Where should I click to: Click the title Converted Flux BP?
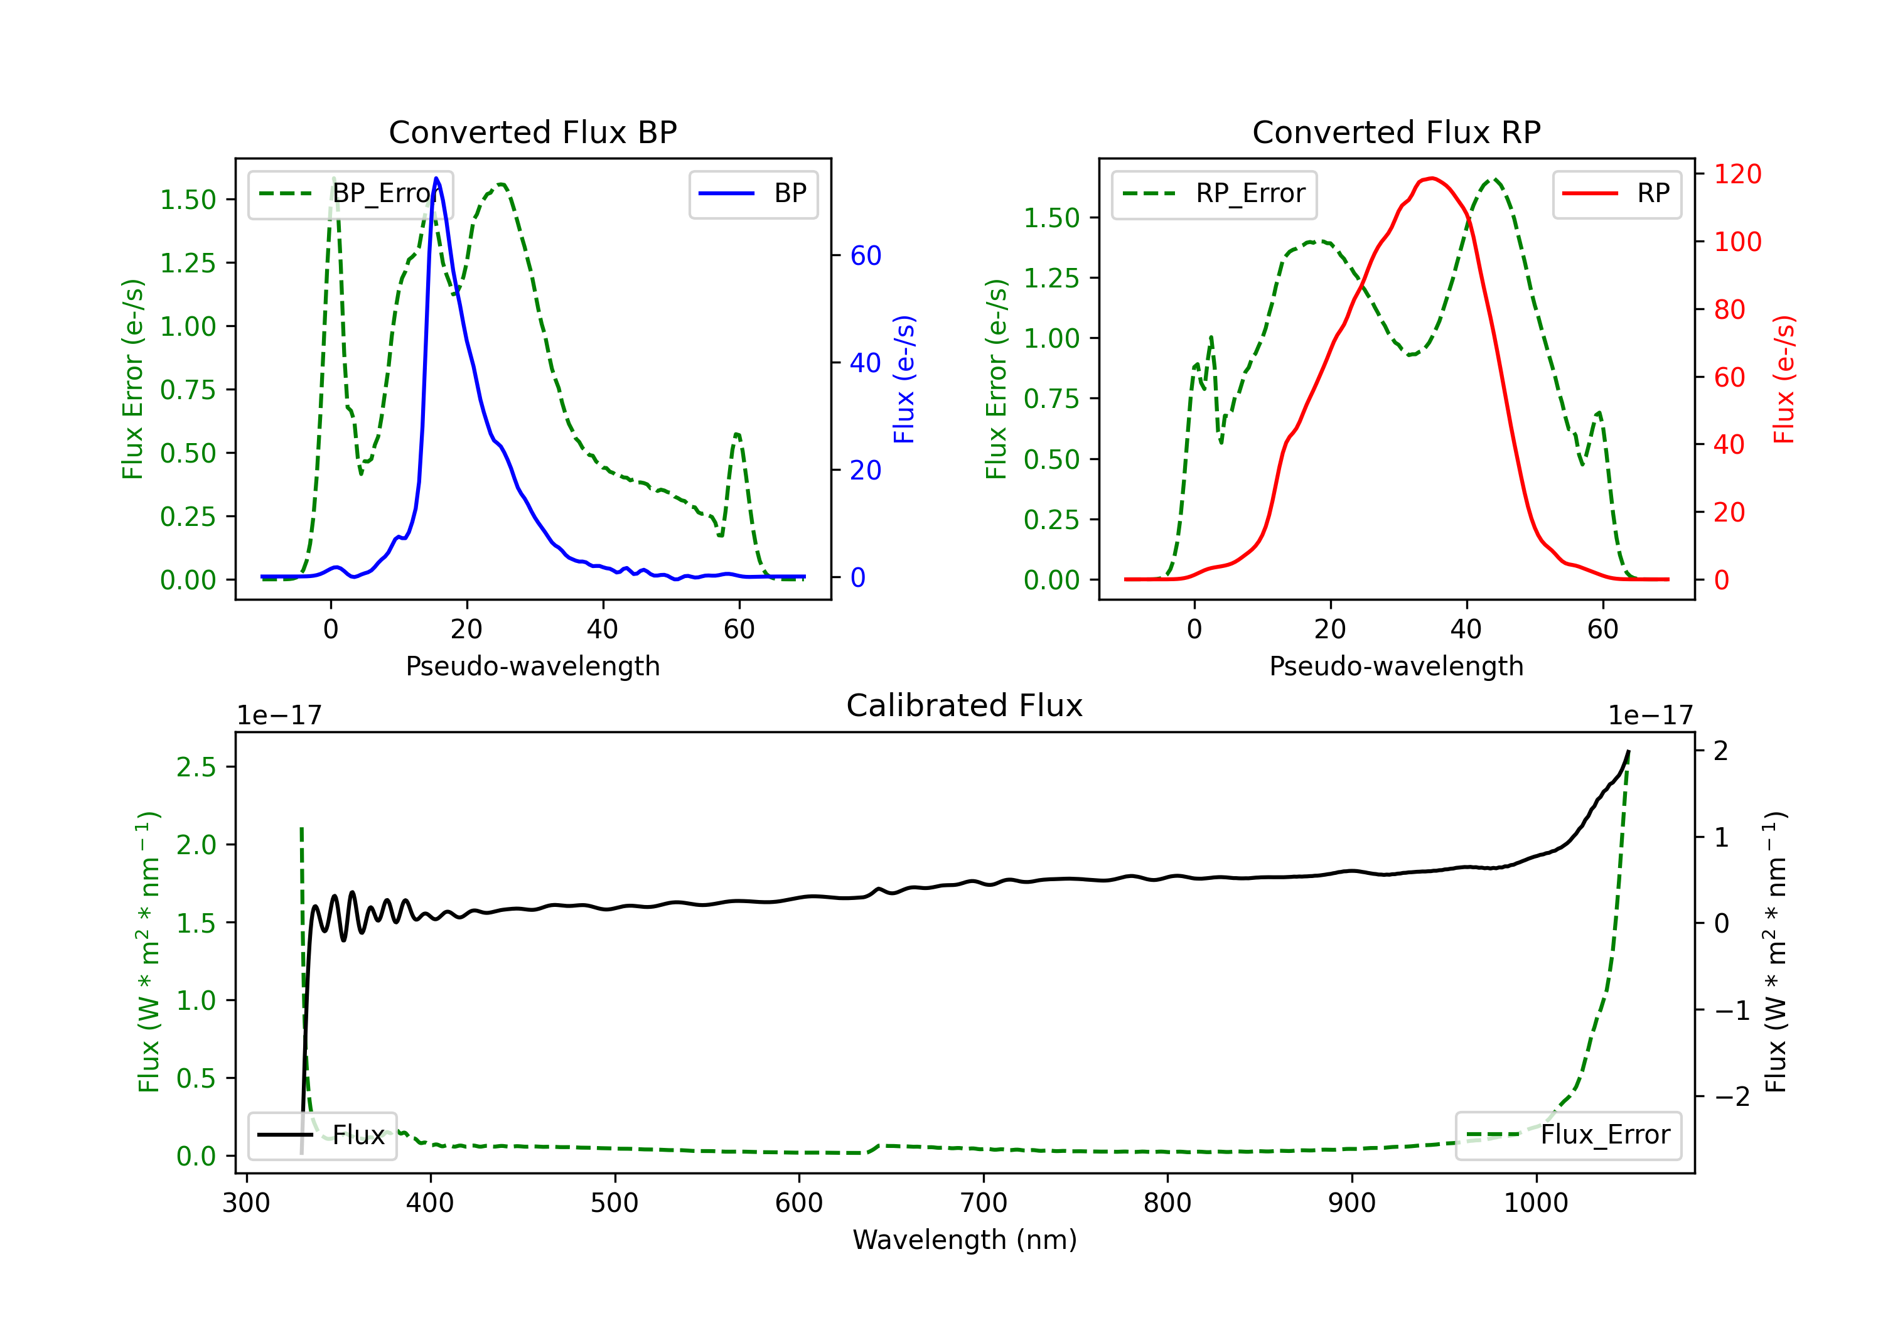coord(533,132)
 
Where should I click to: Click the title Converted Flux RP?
coord(1396,132)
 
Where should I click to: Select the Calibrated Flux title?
coord(965,705)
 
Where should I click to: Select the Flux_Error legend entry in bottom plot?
coord(1568,1135)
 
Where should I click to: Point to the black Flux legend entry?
coord(323,1135)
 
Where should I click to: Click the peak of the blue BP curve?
coord(436,178)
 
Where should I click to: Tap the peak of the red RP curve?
coord(1431,178)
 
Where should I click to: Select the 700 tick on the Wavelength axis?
coord(984,1203)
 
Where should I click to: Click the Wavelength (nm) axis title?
coord(965,1240)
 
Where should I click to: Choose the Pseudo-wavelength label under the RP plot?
coord(1396,666)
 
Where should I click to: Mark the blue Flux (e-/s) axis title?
coord(904,380)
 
